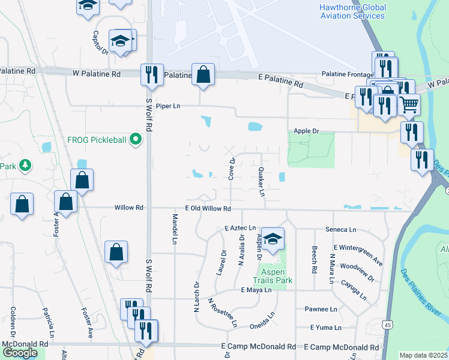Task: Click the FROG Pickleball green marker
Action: coord(136,140)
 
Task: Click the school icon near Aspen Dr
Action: coord(273,239)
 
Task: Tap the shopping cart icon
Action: coord(409,104)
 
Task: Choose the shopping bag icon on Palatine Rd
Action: coord(203,74)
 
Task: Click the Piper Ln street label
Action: coord(168,106)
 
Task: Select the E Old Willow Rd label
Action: coord(208,208)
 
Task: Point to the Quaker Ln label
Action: coord(261,182)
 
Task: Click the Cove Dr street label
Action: coord(231,168)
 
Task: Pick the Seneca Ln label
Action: coord(340,229)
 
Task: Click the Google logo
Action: coord(20,352)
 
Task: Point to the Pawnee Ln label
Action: coord(321,309)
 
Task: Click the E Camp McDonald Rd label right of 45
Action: coord(342,347)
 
